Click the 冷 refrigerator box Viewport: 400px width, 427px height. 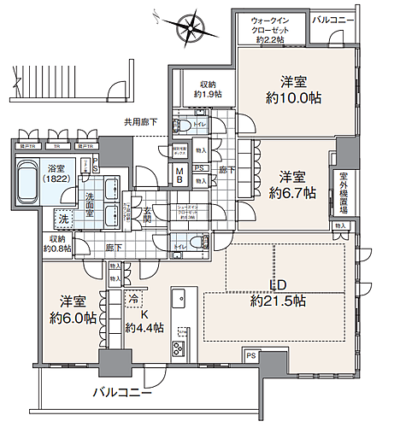(133, 300)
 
